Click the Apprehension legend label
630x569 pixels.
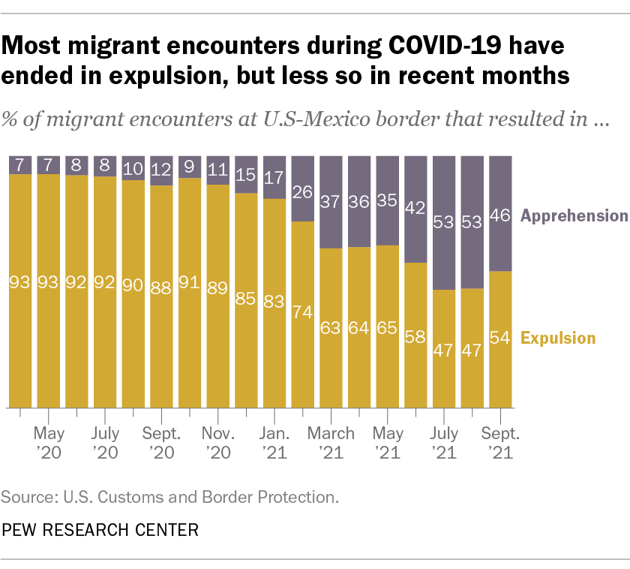pos(574,216)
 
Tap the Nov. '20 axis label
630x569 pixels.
pos(217,442)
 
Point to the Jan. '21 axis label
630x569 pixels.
pos(274,442)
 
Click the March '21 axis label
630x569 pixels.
pos(331,442)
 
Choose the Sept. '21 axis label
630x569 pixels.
pos(499,442)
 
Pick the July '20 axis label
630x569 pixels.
pos(104,442)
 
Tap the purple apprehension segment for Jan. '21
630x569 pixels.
pos(274,177)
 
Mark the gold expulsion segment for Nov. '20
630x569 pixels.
pos(217,297)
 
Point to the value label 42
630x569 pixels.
pos(415,209)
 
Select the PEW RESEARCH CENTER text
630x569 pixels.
pos(100,531)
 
